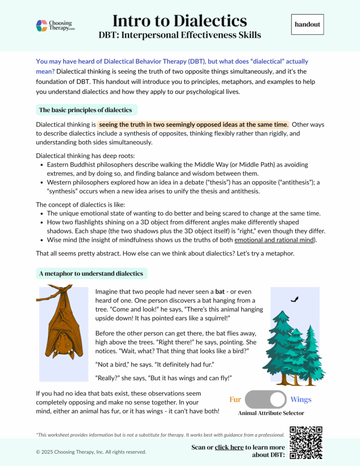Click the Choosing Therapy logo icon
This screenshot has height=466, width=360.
42,25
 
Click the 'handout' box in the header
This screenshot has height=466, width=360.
307,25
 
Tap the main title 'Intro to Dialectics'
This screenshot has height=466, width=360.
179,20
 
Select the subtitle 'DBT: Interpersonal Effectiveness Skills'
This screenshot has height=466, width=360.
180,35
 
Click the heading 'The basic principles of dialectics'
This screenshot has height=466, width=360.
86,110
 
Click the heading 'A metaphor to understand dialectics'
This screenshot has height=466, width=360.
91,274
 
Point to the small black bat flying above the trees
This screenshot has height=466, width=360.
295,299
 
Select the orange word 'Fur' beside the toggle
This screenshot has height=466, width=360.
235,400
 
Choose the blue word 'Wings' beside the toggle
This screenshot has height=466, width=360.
301,400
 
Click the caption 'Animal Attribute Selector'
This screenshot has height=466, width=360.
271,413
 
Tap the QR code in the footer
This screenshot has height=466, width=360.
306,442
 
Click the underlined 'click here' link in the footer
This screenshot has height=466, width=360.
229,447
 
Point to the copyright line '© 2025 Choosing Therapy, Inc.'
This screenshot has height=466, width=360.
91,452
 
